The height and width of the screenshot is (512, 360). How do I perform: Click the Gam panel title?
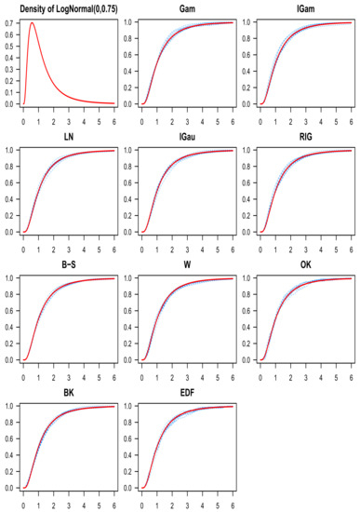pos(180,8)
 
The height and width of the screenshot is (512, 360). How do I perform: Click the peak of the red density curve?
pos(33,23)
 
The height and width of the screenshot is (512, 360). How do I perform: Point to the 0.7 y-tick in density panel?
pos(8,23)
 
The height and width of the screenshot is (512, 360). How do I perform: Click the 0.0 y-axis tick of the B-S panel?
pos(8,359)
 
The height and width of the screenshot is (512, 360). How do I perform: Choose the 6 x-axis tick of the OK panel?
pos(351,372)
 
